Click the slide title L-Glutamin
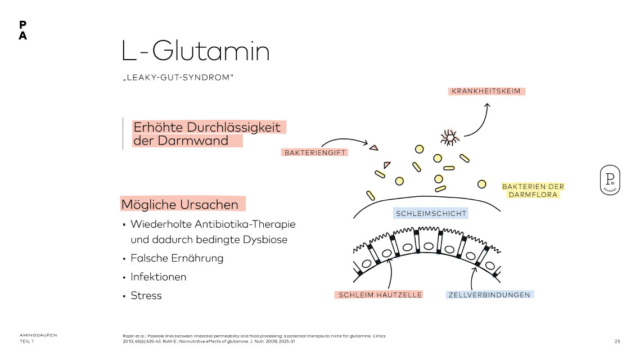coord(195,52)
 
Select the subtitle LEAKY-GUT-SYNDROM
coord(177,77)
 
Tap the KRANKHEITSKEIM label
coord(488,91)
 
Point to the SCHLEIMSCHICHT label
coord(431,214)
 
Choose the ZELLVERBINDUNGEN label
coord(489,295)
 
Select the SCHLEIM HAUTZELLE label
coord(380,295)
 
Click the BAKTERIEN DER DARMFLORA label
coord(533,191)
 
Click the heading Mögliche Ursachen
coord(183,204)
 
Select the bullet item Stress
coord(146,296)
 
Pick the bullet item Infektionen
coord(158,277)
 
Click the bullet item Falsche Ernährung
coord(177,258)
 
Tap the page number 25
coord(617,341)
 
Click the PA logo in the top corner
coord(22,30)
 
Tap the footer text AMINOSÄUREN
coord(38,335)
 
